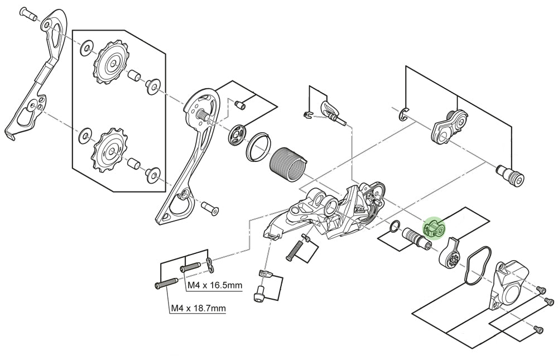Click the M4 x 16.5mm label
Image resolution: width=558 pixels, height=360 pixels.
tap(214, 286)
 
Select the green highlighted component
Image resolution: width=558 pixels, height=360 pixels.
tap(434, 228)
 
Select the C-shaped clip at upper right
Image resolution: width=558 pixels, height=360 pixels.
tap(406, 116)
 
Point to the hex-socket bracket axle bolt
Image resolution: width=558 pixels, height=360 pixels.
tap(511, 176)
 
